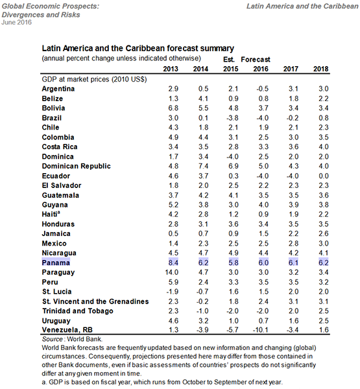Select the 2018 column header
click(x=320, y=68)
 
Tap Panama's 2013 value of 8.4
click(x=173, y=263)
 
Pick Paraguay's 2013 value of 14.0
click(x=172, y=273)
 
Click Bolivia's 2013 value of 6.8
click(x=173, y=108)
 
